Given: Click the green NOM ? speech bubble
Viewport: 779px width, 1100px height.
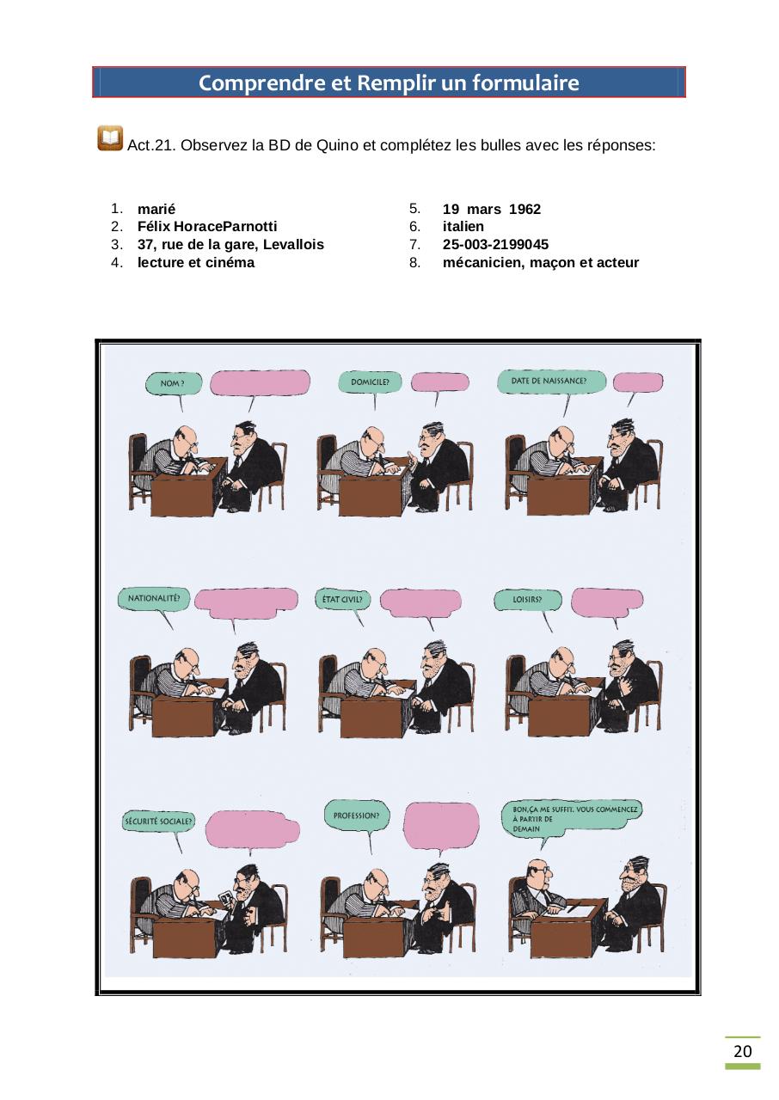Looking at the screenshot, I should (x=175, y=383).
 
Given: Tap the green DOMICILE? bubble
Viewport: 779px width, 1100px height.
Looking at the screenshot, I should (x=370, y=382).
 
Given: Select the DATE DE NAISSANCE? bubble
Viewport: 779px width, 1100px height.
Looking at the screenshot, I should (x=549, y=381).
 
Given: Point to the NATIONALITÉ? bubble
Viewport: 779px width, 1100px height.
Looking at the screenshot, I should (x=153, y=598).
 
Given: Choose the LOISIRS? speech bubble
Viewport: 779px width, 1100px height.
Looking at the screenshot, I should (x=527, y=599).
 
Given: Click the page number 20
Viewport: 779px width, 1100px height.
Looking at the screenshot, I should (x=742, y=1052).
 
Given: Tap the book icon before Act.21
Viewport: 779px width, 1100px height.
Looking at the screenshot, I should (x=110, y=138).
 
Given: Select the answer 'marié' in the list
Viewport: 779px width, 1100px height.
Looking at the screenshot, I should (x=156, y=209).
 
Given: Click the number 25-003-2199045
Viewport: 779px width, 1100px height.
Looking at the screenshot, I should (x=495, y=245).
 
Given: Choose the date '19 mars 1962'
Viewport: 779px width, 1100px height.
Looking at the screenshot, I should (x=491, y=209).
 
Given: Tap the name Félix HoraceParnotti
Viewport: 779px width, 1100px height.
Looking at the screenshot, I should (x=206, y=227).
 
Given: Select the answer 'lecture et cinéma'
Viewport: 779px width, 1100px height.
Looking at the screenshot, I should (x=196, y=263).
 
